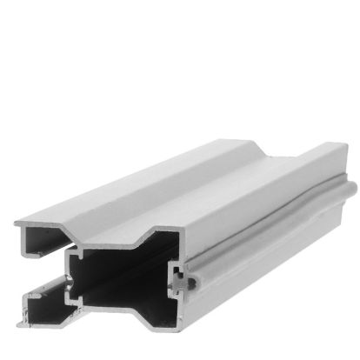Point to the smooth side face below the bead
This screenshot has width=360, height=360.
pyautogui.click(x=278, y=252)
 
